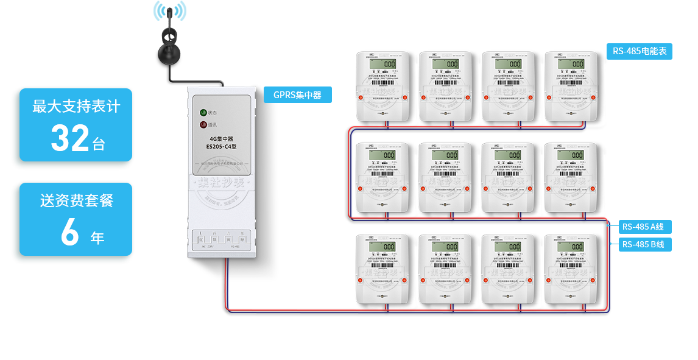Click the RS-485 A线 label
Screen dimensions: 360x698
coord(643,227)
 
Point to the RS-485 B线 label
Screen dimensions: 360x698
coord(643,244)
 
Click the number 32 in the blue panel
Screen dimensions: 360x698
coord(70,139)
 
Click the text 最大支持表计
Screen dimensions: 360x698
coord(76,107)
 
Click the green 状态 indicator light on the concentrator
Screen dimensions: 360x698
coord(203,113)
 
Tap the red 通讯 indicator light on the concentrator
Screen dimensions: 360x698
coord(203,125)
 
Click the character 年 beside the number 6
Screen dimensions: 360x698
coord(97,238)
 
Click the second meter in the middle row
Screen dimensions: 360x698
coord(445,177)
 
